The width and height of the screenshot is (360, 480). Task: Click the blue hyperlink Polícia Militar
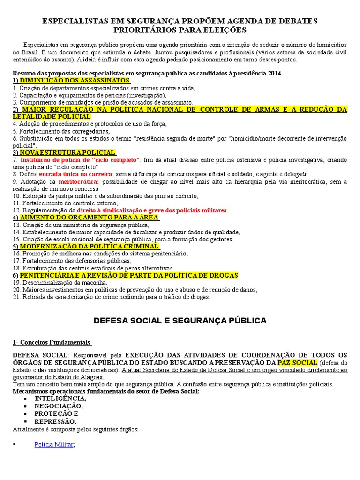(54, 444)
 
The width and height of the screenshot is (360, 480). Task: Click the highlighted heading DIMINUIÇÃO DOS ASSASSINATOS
(75, 80)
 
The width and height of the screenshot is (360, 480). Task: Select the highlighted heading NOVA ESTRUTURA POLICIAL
(67, 153)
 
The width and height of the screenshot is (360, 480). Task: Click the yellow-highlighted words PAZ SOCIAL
(297, 363)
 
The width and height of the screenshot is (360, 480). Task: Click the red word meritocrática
(79, 182)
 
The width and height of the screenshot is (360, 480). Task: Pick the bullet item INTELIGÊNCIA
(60, 398)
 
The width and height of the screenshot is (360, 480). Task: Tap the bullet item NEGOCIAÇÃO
(58, 406)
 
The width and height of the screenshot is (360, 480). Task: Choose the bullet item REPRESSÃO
(55, 421)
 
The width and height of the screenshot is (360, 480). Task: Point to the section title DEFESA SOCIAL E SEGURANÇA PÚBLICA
(180, 321)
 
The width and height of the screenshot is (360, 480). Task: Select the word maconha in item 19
(95, 283)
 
